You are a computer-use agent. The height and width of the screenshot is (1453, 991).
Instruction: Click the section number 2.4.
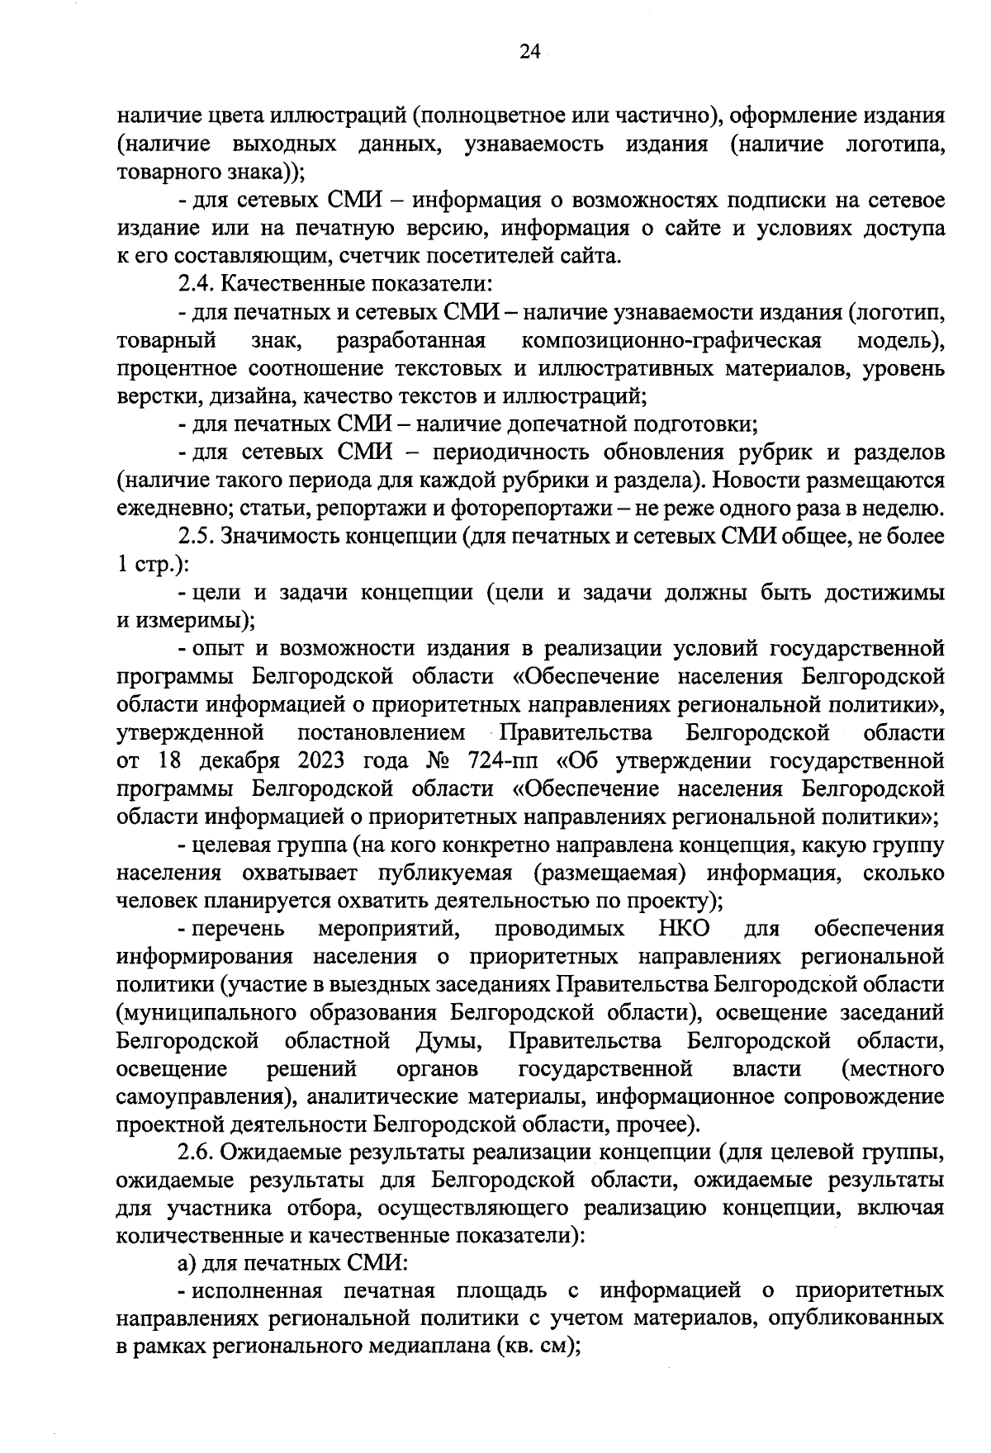tap(196, 284)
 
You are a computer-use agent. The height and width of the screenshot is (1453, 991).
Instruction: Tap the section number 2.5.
tap(196, 537)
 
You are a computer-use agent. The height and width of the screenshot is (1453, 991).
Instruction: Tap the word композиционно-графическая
tap(671, 340)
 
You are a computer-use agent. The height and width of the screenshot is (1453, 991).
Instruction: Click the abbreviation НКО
tap(685, 929)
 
